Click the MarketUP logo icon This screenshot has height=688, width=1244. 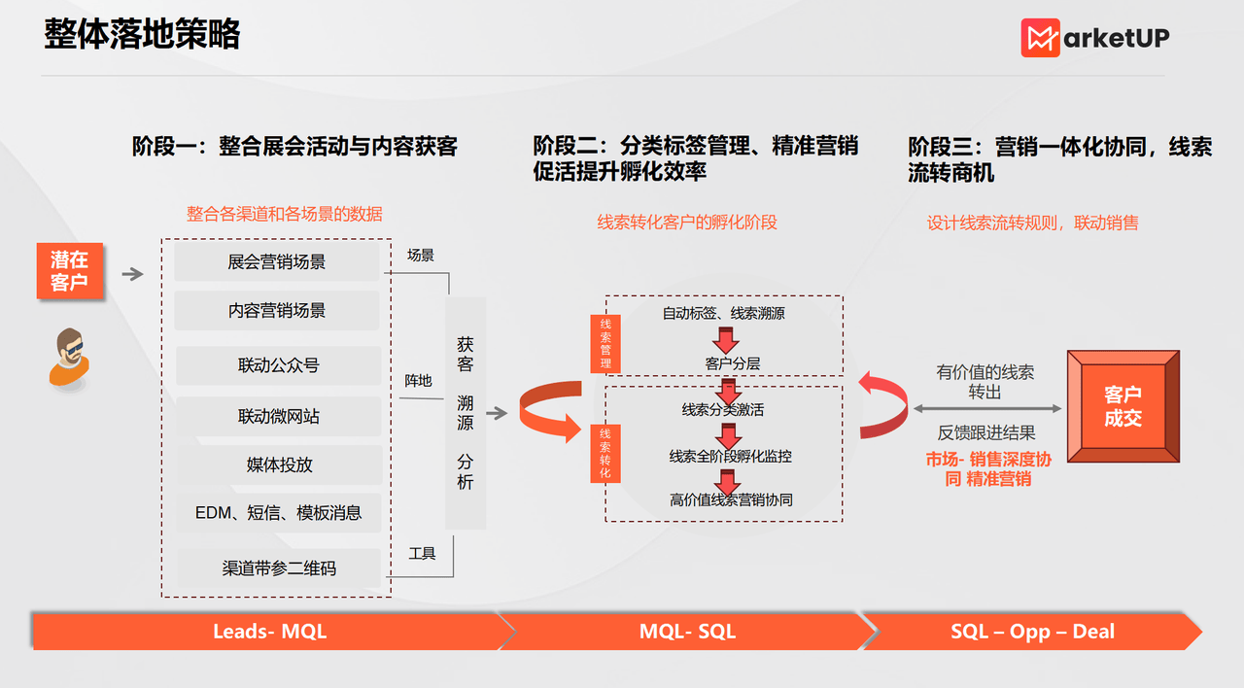(x=1040, y=38)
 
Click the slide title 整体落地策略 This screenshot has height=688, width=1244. (x=142, y=34)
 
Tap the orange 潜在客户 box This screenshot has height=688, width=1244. (x=69, y=271)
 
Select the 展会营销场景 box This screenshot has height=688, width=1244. (x=276, y=262)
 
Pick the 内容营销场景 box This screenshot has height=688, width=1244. (x=276, y=311)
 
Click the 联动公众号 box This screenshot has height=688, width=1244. (x=278, y=365)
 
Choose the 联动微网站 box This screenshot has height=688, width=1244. (x=278, y=416)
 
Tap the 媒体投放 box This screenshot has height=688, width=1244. (x=279, y=464)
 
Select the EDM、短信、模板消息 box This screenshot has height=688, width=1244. (x=279, y=513)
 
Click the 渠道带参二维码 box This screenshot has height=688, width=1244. (x=279, y=568)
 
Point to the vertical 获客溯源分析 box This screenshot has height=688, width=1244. (x=466, y=413)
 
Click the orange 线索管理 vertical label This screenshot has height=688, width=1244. (x=605, y=343)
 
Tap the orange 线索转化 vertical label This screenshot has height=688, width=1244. (x=605, y=452)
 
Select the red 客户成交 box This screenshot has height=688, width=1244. (x=1123, y=407)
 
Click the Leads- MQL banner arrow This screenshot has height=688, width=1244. (x=270, y=632)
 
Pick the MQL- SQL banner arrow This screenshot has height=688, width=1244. (x=687, y=632)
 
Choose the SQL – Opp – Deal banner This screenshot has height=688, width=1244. (x=1032, y=632)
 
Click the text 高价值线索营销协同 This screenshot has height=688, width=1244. (x=731, y=499)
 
